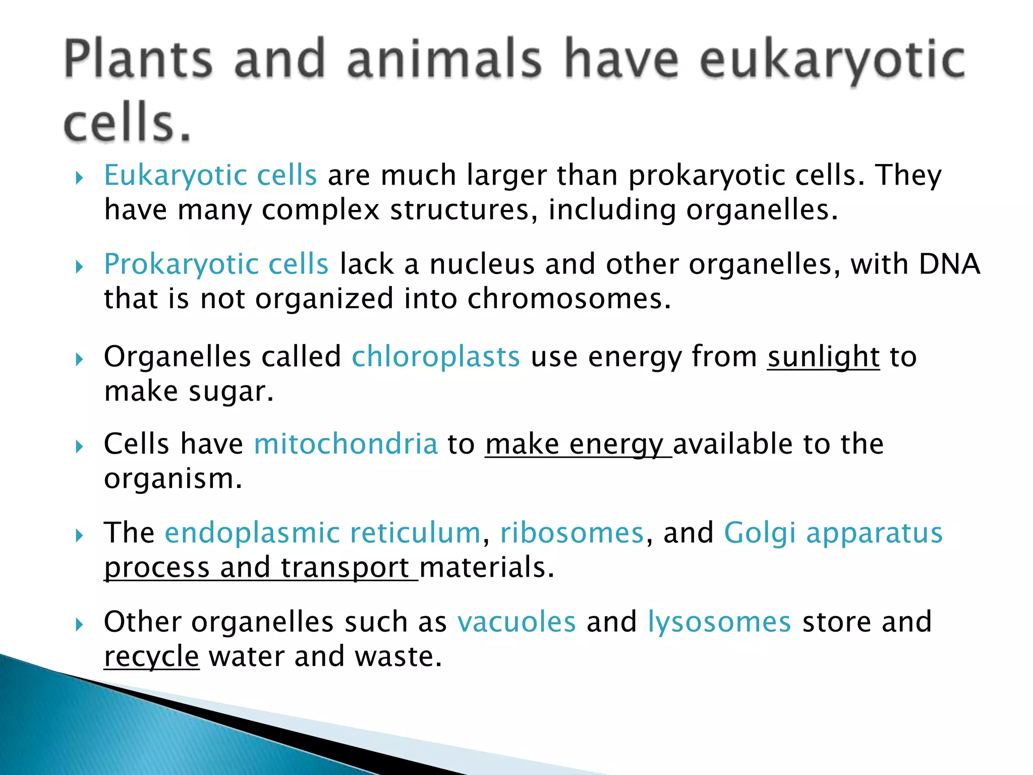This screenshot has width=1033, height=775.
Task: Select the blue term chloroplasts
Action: tap(435, 357)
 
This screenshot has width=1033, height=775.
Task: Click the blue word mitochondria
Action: tap(346, 444)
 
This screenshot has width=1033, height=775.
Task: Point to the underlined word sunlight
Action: tap(823, 357)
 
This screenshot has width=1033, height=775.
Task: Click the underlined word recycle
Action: tap(151, 656)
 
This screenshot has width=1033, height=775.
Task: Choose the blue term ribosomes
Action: tap(572, 533)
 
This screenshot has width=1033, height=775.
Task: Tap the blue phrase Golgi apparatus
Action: tap(833, 533)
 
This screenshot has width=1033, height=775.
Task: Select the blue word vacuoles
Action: tap(516, 622)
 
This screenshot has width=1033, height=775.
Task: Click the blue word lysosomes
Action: tap(719, 622)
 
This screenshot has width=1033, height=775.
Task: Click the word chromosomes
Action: tap(569, 299)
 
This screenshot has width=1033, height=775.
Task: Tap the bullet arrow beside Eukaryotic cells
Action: tap(79, 178)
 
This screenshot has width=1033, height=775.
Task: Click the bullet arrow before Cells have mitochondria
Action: tap(79, 447)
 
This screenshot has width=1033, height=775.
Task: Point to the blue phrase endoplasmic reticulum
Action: tap(323, 533)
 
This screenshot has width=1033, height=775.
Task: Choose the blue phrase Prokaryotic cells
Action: tap(216, 264)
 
